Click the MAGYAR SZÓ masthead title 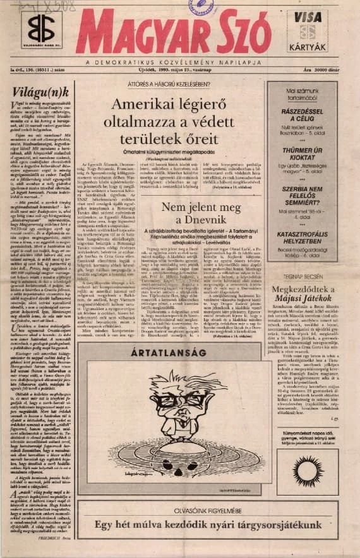click(x=174, y=33)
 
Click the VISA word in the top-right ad click(x=311, y=18)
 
